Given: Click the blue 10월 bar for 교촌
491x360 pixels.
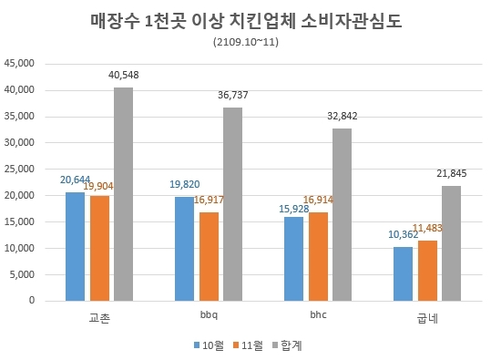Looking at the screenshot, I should pyautogui.click(x=75, y=246).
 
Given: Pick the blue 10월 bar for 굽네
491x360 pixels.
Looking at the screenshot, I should pyautogui.click(x=404, y=273).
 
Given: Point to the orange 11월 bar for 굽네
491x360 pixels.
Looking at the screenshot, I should pyautogui.click(x=427, y=270).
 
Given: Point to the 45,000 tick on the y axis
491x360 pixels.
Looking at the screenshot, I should pyautogui.click(x=19, y=64).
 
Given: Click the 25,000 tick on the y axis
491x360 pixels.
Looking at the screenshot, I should pyautogui.click(x=19, y=169).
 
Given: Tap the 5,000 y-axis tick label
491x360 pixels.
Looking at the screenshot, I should pyautogui.click(x=22, y=274).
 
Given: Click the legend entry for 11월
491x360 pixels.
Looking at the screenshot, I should pyautogui.click(x=250, y=345).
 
